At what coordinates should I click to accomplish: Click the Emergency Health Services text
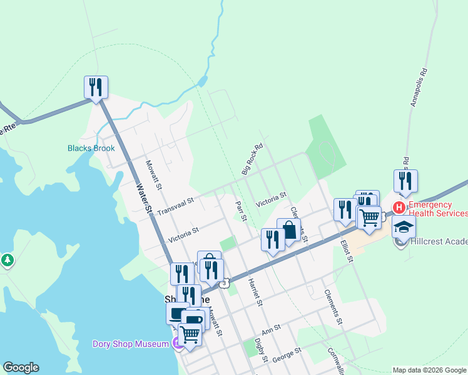click(438, 209)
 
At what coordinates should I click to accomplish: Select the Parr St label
click(241, 210)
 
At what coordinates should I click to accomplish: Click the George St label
click(287, 354)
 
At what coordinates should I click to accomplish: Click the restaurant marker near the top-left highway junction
click(96, 87)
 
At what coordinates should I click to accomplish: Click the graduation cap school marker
click(404, 226)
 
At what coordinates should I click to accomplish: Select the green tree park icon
click(8, 260)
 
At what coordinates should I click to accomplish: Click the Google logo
click(21, 367)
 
